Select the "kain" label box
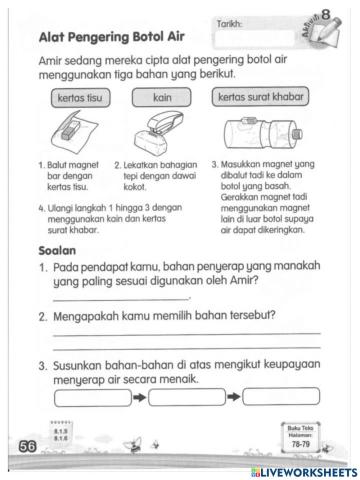164,99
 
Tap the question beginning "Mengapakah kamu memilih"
170,317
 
